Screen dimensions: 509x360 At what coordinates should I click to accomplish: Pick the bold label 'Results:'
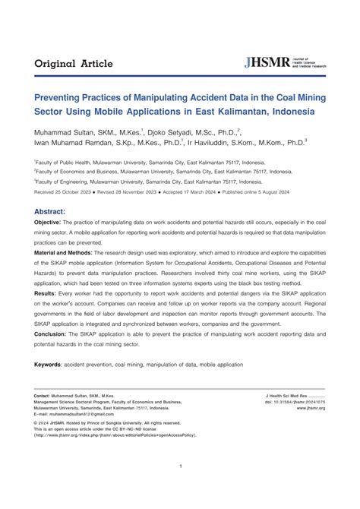coord(45,313)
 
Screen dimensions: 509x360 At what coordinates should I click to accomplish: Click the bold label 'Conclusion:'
coord(50,353)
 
